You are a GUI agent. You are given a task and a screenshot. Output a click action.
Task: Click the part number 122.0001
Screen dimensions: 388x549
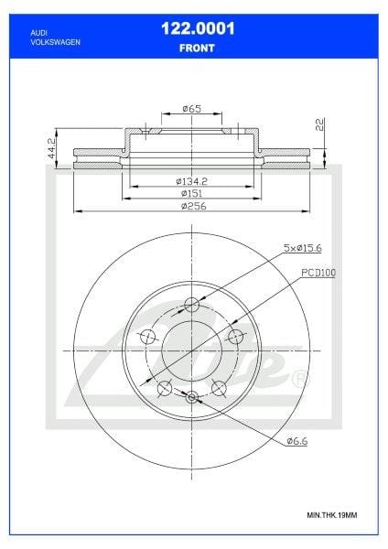(x=198, y=28)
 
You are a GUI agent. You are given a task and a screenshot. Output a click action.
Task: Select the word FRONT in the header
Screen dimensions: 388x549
(x=197, y=48)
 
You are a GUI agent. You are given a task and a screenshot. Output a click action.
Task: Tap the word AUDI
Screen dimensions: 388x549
(x=38, y=33)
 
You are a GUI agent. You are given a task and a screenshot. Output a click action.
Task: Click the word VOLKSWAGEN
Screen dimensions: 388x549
(x=55, y=42)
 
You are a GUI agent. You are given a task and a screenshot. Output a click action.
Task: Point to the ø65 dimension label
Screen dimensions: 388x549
(x=192, y=109)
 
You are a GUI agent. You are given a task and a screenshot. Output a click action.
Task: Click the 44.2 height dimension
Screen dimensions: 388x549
(x=51, y=148)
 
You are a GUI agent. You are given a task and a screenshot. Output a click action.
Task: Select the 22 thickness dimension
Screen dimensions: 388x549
(x=320, y=124)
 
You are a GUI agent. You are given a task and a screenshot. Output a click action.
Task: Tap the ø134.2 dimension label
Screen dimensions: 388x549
(x=191, y=181)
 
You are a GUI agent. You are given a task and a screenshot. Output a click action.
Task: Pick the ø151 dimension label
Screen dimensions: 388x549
(x=191, y=193)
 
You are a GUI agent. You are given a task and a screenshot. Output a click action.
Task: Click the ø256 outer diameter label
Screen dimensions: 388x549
(x=194, y=206)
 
